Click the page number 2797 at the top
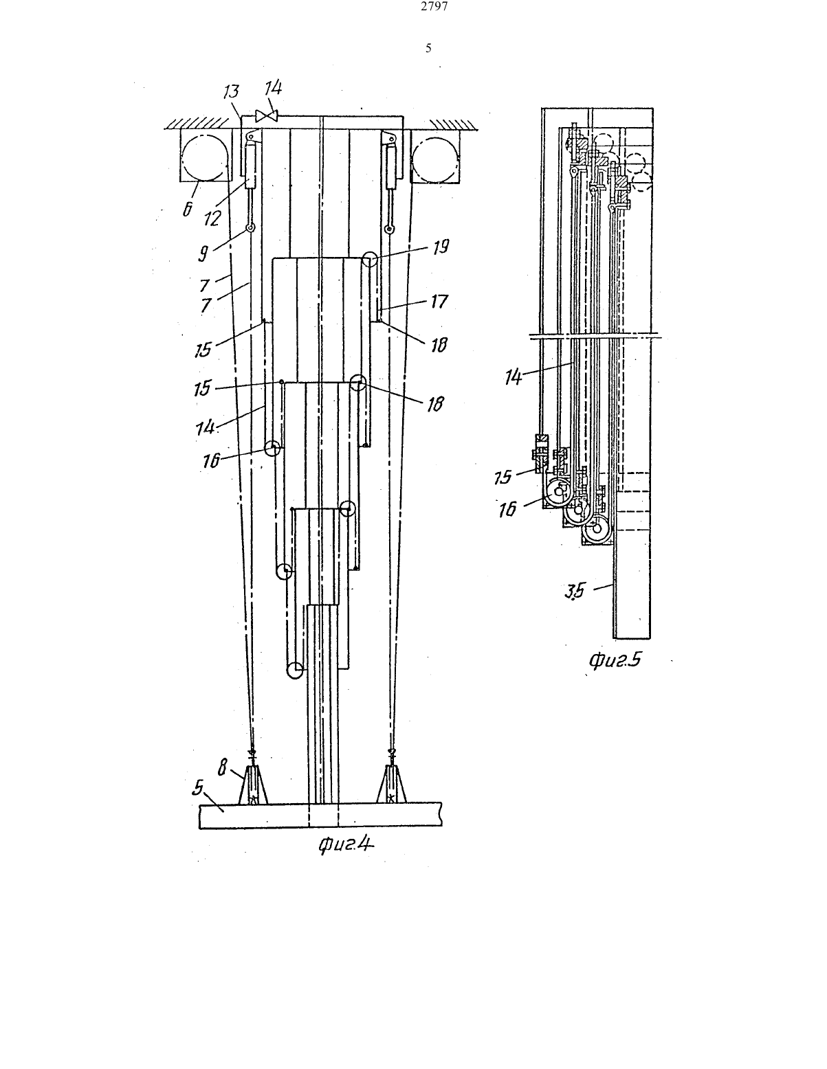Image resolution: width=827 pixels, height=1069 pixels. coord(434,6)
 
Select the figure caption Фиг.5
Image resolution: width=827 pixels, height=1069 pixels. coord(615,660)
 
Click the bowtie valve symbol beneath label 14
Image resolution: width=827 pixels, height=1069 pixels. coord(267,116)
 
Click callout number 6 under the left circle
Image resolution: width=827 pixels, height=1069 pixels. coord(187,209)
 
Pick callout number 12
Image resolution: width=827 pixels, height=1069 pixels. coord(212,218)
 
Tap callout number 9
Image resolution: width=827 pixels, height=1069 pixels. coord(202,254)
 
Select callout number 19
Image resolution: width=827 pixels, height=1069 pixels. coord(441,246)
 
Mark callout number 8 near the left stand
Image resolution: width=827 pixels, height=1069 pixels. coord(223,767)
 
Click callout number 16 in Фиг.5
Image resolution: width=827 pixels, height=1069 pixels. coord(507,510)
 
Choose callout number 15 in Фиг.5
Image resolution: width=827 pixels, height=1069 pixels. coord(503,477)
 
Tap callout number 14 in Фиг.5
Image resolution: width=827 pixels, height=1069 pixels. coord(513,377)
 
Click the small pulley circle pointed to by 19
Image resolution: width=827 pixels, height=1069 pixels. coord(370,259)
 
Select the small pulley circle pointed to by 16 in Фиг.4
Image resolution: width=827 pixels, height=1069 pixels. coord(272,449)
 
